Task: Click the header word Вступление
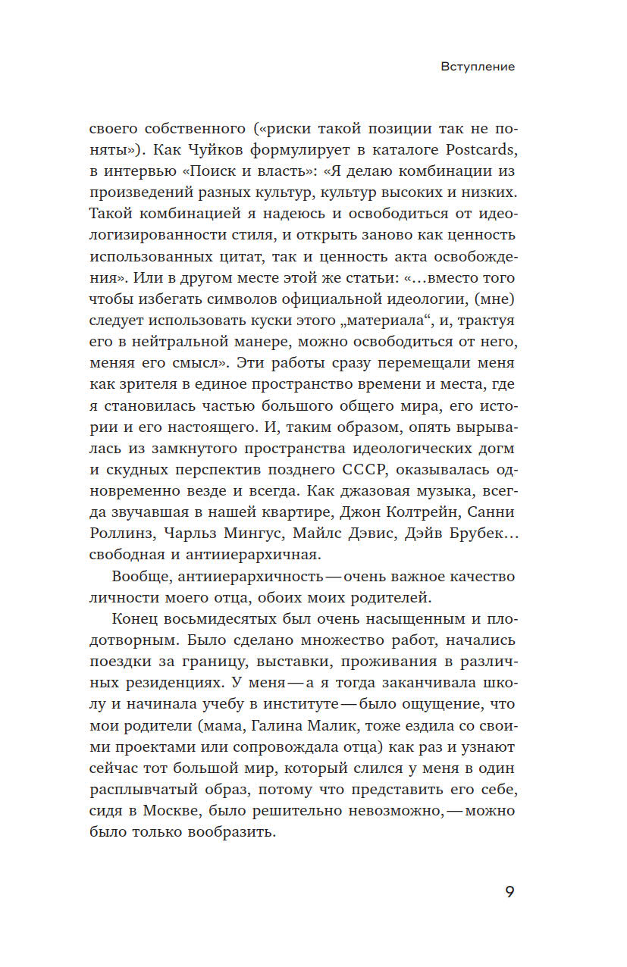(x=478, y=67)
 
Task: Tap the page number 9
(x=509, y=891)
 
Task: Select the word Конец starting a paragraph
(x=136, y=617)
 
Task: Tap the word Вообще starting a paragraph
(x=143, y=576)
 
